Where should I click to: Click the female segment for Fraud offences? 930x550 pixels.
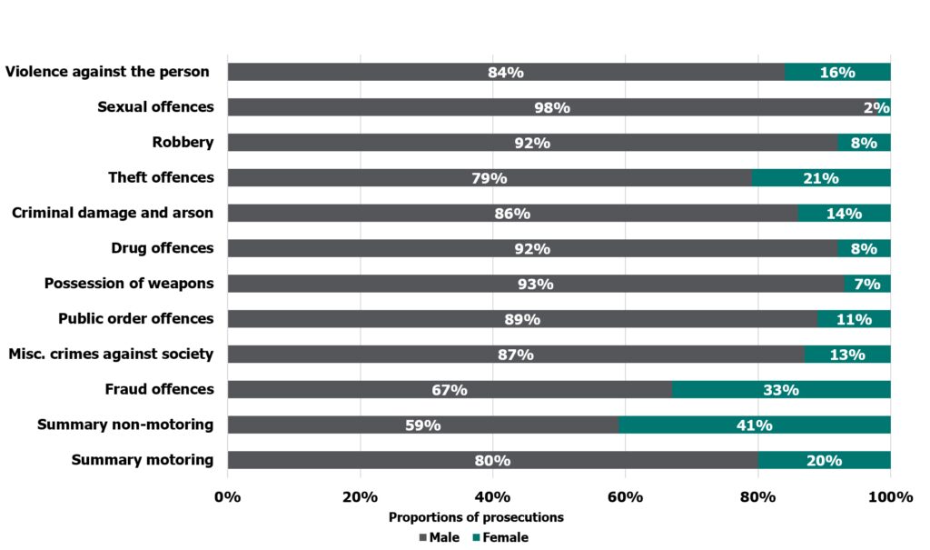pos(781,390)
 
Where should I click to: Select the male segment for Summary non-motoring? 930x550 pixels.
pos(422,425)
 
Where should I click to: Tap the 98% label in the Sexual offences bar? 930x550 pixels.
pos(551,108)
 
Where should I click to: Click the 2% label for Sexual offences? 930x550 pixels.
pos(876,108)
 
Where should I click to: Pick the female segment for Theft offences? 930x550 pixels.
pos(820,178)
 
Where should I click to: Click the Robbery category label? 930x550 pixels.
pos(183,143)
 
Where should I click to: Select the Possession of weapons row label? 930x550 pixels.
pos(129,284)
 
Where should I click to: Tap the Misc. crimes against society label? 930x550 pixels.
pos(111,354)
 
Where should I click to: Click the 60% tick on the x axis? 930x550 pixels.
pos(625,496)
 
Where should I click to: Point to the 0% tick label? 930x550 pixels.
pos(227,496)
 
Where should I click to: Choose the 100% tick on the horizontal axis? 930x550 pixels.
pos(889,496)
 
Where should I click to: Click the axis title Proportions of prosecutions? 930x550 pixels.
pos(476,517)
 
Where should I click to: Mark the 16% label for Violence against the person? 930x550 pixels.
pos(836,73)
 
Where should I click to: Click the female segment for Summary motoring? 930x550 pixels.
pos(824,460)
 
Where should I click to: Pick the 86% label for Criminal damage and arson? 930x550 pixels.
pos(511,214)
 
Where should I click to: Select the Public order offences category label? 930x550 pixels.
pos(136,319)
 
